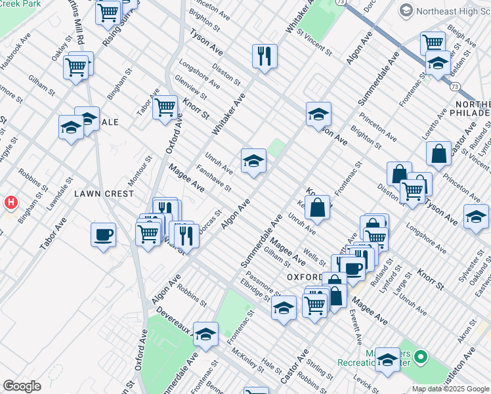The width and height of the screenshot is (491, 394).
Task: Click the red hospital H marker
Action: pos(11,203)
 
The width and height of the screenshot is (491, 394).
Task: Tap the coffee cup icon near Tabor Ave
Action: pos(104,234)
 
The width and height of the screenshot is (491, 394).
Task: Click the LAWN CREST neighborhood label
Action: pos(104,194)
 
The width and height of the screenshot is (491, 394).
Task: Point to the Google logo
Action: pos(22,386)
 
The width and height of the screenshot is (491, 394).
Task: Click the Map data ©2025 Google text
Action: pos(450,389)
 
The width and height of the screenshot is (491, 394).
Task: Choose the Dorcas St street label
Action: pos(209,223)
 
